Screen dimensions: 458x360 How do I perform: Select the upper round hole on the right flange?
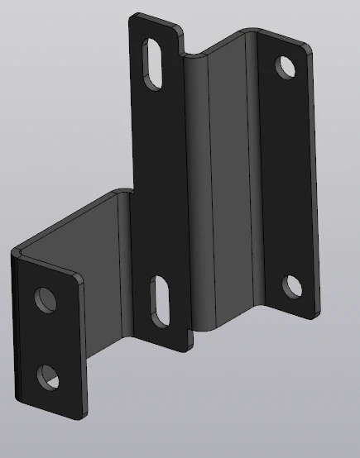(286, 66)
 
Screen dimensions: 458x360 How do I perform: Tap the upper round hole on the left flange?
(43, 298)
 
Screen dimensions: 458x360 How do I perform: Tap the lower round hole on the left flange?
(48, 377)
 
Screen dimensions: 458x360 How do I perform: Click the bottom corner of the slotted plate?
(185, 348)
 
